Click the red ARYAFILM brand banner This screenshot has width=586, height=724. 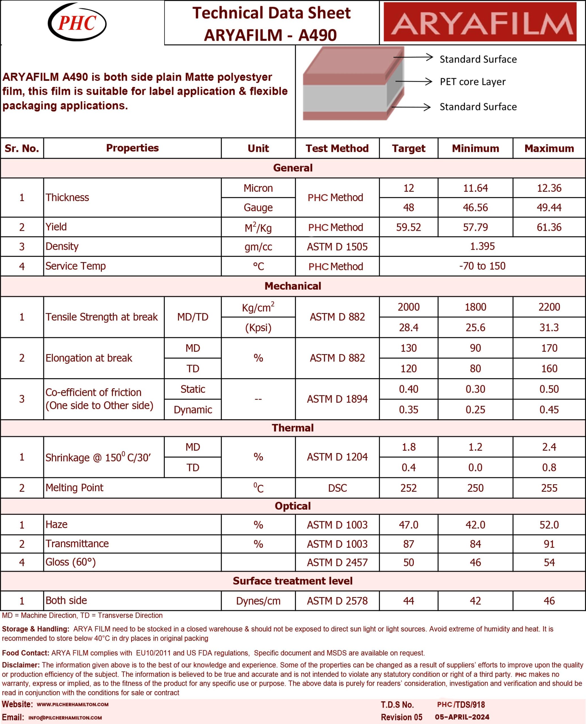[480, 22]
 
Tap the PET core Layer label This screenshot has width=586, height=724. [472, 82]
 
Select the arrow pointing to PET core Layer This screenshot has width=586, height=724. [414, 81]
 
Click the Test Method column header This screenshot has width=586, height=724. [337, 148]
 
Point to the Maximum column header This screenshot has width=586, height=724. [549, 148]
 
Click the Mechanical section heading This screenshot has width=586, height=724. [293, 286]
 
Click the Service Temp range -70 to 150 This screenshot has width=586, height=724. [482, 266]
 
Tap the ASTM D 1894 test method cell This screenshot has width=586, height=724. [337, 399]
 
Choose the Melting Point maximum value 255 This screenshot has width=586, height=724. [549, 488]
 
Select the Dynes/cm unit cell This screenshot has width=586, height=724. [258, 601]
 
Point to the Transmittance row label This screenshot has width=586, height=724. [77, 543]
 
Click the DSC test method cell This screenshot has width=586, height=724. [337, 488]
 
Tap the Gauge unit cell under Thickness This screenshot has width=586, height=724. [258, 207]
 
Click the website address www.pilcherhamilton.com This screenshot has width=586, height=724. [73, 704]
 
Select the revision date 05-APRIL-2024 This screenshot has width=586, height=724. [462, 717]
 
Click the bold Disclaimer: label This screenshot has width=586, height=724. [21, 665]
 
